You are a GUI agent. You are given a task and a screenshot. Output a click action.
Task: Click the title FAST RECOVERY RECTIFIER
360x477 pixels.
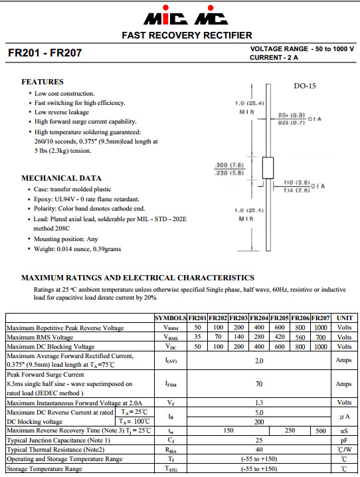[186, 35]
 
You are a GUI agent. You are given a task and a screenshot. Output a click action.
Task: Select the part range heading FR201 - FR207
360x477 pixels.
[45, 53]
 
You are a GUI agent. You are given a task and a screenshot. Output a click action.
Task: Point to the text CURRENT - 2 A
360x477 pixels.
[274, 58]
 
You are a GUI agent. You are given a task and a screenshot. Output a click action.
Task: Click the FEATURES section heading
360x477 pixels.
[43, 82]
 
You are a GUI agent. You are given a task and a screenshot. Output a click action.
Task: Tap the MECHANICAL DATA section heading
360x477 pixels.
[61, 178]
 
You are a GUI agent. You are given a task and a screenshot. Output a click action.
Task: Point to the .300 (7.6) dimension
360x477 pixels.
[230, 164]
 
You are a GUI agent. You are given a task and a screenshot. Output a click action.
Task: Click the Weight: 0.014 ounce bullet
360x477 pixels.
[78, 248]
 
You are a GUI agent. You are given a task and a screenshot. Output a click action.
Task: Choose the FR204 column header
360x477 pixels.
[260, 318]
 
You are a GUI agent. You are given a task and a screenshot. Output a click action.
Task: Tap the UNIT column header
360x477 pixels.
[344, 318]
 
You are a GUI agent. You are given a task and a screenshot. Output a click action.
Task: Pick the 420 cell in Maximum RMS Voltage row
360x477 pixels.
[280, 337]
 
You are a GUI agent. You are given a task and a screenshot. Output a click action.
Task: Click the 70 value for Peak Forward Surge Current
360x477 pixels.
[259, 384]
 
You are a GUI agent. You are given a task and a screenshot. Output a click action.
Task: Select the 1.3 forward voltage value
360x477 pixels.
[259, 403]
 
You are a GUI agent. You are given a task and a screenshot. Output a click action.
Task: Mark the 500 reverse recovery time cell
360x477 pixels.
[320, 430]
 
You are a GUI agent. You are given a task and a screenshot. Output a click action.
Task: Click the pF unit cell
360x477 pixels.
[344, 440]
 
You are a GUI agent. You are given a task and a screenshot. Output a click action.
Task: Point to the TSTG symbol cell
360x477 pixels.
[171, 468]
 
